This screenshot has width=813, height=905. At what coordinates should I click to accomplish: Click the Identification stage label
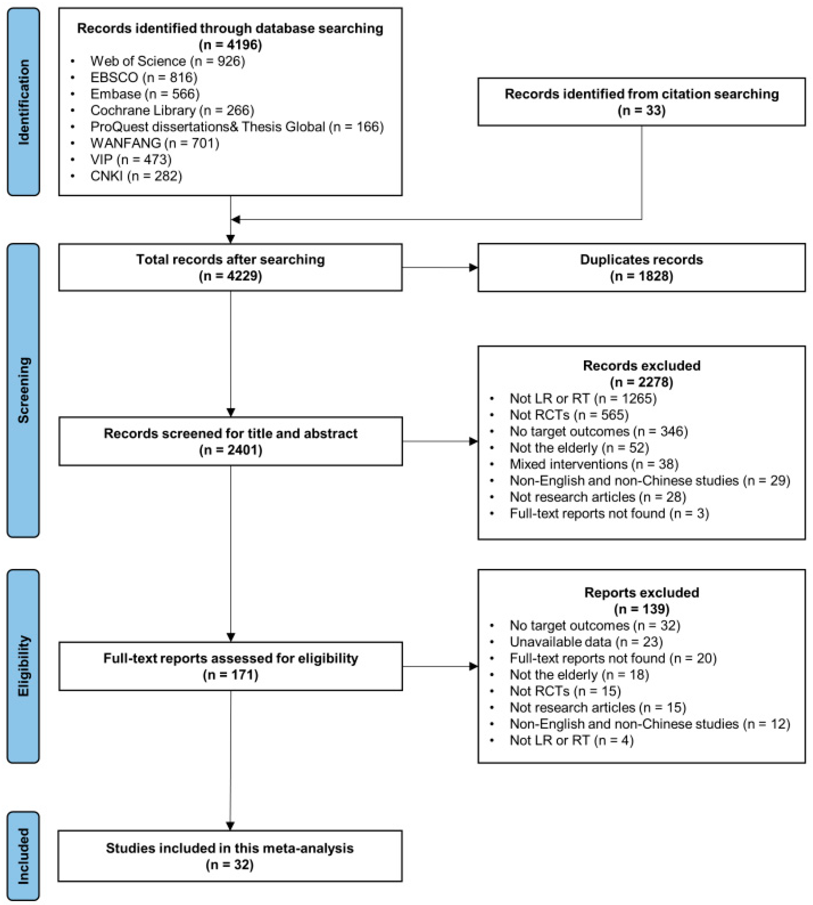(23, 102)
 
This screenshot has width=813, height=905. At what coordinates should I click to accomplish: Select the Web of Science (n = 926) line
(167, 61)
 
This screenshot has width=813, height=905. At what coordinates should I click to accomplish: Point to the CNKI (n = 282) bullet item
(136, 176)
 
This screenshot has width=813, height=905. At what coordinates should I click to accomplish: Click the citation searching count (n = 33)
(641, 110)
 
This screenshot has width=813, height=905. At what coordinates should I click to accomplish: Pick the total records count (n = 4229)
(230, 276)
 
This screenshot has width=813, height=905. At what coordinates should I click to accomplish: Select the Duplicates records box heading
(641, 259)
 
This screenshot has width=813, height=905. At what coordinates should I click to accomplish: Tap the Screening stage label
(23, 390)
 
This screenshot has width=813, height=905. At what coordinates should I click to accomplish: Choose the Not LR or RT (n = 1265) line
(583, 398)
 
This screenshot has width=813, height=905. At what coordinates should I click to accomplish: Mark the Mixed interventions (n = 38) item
(594, 464)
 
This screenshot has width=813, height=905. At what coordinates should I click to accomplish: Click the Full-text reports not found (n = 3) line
(609, 513)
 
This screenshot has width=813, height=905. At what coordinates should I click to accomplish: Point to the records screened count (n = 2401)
(230, 450)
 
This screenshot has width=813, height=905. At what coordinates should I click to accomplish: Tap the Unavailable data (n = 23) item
(586, 642)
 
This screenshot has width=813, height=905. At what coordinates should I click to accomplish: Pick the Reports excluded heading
(641, 593)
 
